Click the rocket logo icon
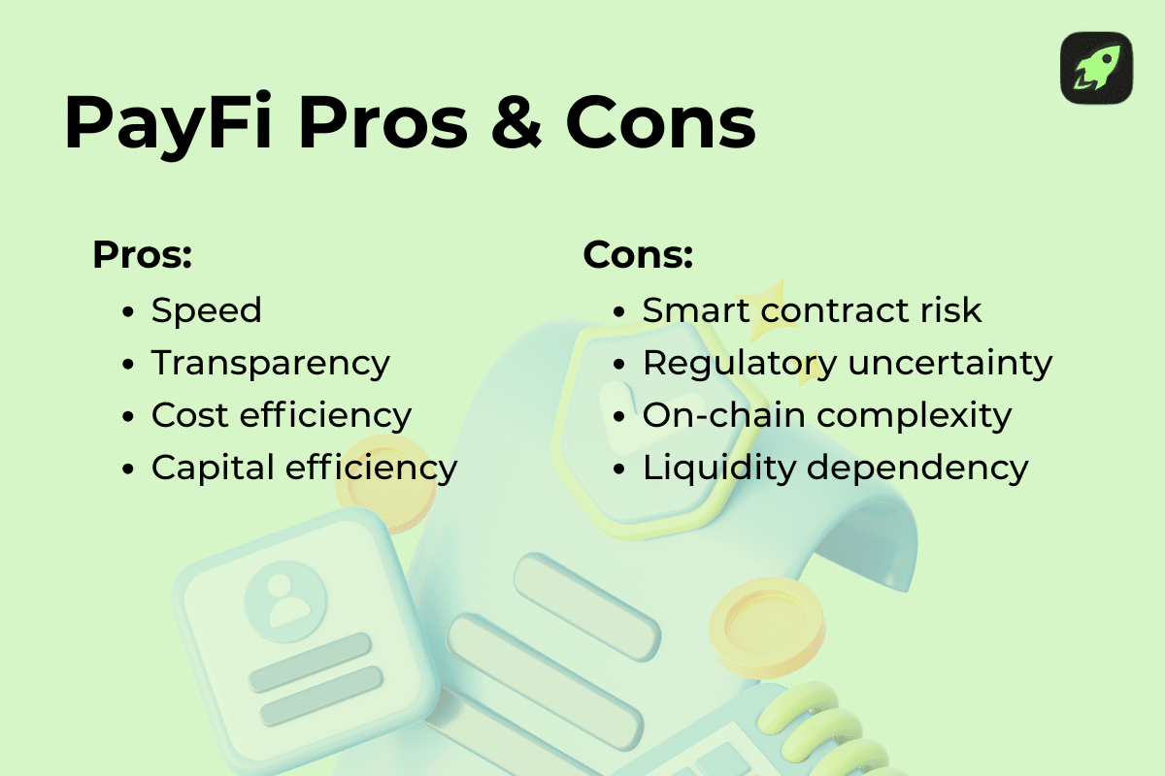(1096, 68)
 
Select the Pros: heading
(142, 255)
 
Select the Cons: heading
(638, 255)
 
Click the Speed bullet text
(207, 310)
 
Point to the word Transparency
(271, 363)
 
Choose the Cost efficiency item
(282, 415)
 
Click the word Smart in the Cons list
(696, 310)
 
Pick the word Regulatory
(739, 363)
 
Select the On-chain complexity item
(827, 415)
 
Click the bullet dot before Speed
(129, 312)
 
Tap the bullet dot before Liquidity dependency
(621, 469)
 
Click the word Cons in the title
(660, 124)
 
